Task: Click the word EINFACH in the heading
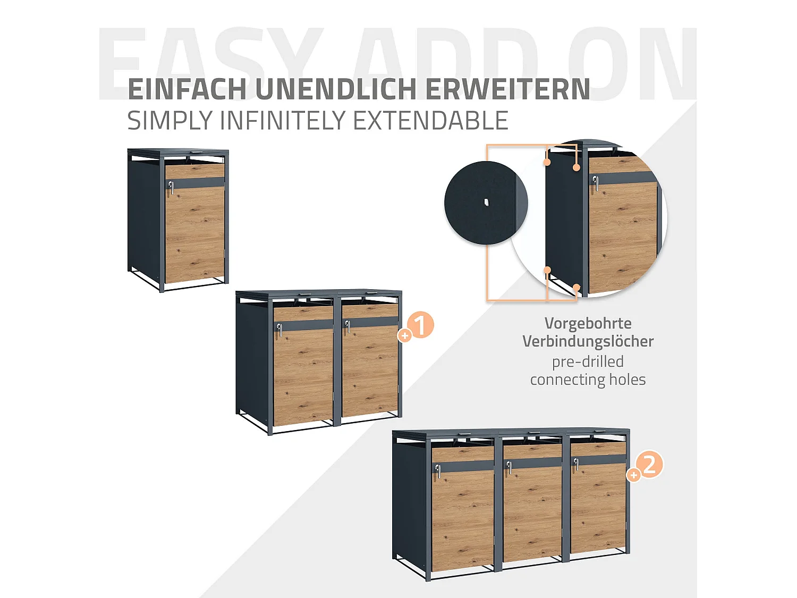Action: (x=187, y=89)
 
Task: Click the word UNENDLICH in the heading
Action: (x=336, y=89)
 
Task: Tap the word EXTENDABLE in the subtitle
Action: (x=430, y=121)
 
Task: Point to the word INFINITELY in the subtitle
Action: (x=284, y=121)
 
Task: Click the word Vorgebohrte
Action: (x=588, y=323)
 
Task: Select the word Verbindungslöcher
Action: (x=588, y=341)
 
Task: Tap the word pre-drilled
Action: (x=588, y=361)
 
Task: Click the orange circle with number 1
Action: (x=420, y=325)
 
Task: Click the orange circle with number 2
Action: (x=649, y=465)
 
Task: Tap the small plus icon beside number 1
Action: (x=405, y=335)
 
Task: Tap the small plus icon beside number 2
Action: (x=633, y=475)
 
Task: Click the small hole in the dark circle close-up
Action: (x=486, y=202)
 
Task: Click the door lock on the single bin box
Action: (x=171, y=187)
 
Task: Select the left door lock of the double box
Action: (x=279, y=330)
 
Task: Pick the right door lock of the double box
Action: (x=347, y=326)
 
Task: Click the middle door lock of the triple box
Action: (x=508, y=467)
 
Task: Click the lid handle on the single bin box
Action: (x=197, y=151)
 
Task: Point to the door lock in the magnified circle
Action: (x=596, y=183)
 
